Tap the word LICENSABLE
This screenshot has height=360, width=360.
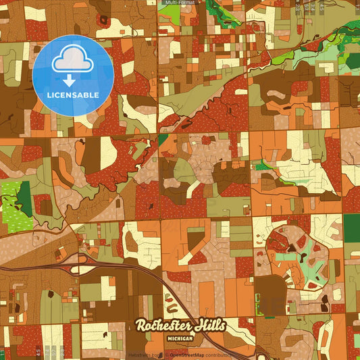coord(72,95)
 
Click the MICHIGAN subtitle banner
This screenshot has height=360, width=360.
coord(180,337)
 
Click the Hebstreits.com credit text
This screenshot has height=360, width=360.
coord(145,354)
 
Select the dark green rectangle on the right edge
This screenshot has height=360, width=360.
coord(352,228)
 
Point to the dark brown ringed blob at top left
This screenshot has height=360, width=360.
coord(103,19)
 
